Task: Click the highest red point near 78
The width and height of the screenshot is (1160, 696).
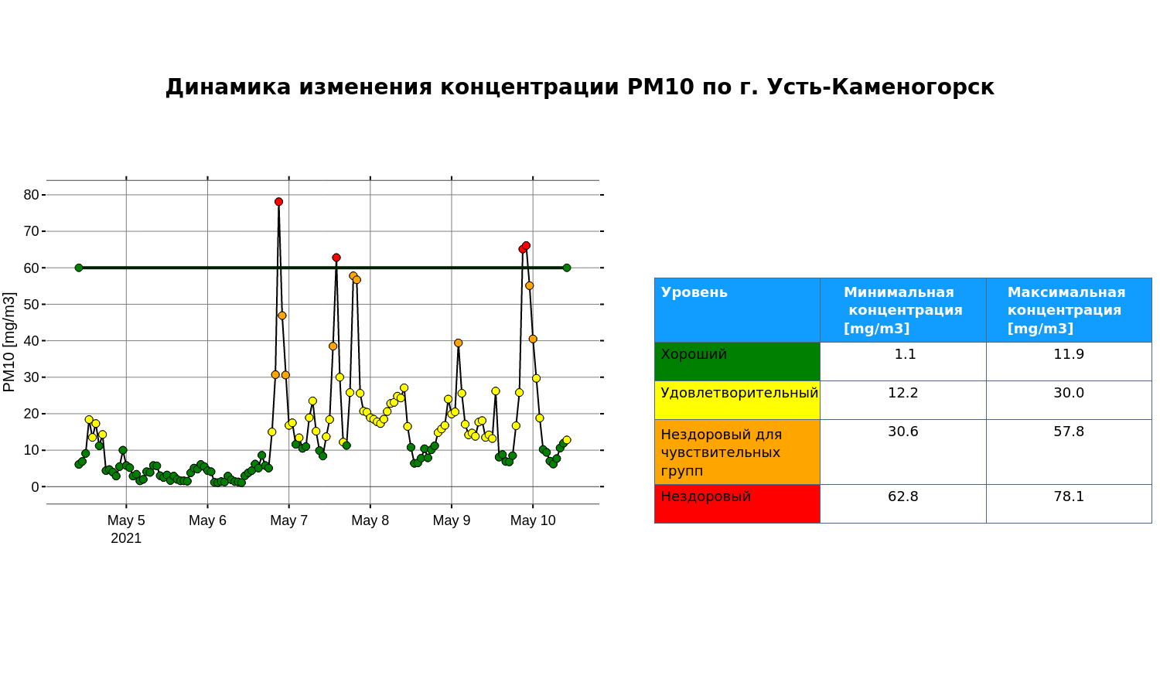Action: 278,202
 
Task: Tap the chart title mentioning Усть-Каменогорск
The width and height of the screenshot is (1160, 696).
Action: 580,87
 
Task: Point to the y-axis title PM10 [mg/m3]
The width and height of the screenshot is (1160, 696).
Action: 9,342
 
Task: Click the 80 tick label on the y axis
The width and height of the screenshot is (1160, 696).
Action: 31,195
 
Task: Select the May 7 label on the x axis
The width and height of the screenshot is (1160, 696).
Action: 289,520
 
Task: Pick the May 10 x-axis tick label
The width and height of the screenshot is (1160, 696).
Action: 533,520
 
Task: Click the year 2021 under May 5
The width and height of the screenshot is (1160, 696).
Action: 126,538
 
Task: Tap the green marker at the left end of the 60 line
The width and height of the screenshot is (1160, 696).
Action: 79,268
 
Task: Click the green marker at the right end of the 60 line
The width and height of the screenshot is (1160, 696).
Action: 567,268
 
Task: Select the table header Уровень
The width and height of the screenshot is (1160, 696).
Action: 694,292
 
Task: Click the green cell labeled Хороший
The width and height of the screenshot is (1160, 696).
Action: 738,361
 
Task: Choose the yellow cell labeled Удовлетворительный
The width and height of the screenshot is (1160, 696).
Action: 738,401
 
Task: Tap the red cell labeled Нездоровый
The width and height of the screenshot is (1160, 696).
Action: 738,504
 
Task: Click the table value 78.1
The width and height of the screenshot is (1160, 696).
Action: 1069,496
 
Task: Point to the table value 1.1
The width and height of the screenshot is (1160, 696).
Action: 906,354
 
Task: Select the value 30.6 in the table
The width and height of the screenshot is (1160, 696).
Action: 903,432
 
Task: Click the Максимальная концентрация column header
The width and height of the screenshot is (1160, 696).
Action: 1066,310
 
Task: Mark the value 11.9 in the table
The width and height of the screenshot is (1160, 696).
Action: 1069,354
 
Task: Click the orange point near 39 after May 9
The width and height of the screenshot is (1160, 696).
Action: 459,343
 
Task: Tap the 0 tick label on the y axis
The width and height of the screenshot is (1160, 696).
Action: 36,486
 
